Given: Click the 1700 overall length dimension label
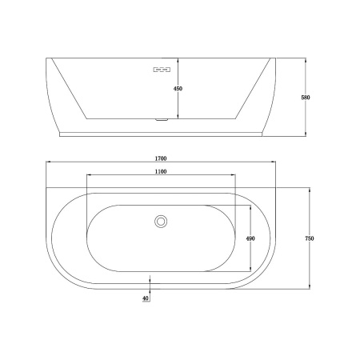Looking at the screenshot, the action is pyautogui.click(x=161, y=158).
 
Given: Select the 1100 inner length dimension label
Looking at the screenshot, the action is pyautogui.click(x=161, y=171).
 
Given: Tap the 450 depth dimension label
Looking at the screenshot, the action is pyautogui.click(x=178, y=89).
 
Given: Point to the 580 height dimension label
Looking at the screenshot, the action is pyautogui.click(x=306, y=98).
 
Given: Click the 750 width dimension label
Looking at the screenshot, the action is pyautogui.click(x=310, y=238).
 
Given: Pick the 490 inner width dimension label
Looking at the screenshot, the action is pyautogui.click(x=250, y=238).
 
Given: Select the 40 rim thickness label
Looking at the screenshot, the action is pyautogui.click(x=146, y=298).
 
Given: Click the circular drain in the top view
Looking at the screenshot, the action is pyautogui.click(x=161, y=222).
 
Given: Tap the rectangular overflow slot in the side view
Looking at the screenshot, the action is pyautogui.click(x=162, y=70).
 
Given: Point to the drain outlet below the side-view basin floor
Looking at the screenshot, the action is pyautogui.click(x=161, y=120).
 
